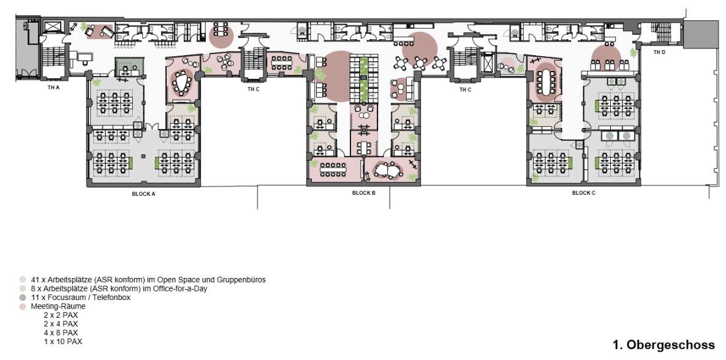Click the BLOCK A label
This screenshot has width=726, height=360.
tap(143, 194)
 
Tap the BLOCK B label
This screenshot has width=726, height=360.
tap(363, 193)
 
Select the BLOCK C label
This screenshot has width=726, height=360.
tap(583, 193)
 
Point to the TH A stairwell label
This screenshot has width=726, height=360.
tap(54, 87)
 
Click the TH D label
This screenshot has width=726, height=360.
tap(659, 52)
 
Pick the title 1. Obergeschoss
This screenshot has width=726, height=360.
tap(664, 345)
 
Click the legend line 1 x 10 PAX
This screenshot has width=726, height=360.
tap(63, 342)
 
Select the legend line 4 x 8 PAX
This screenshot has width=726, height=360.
tap(61, 332)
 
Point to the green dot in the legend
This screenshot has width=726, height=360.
tap(22, 298)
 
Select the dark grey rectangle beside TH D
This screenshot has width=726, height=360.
tap(704, 33)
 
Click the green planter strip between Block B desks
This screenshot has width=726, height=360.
tap(364, 80)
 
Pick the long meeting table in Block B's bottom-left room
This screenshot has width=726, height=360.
tap(333, 167)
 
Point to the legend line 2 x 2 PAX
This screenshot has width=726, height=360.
tap(61, 315)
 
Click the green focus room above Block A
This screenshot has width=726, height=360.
tap(130, 68)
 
